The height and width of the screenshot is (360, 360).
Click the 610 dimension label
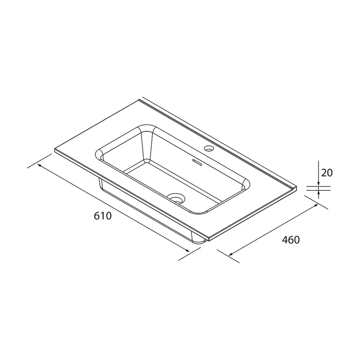point(103,216)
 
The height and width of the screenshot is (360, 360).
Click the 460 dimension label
point(291,240)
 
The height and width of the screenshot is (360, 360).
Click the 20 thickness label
point(327,173)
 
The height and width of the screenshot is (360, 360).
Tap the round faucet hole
point(209,148)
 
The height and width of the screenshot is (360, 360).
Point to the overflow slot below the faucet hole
point(197,162)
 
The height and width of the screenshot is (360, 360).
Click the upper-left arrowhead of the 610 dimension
point(39,165)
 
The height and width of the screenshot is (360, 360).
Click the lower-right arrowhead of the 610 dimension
point(187,251)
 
